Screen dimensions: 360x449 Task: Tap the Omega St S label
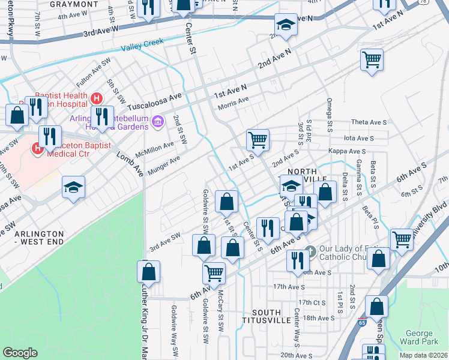coord(330,115)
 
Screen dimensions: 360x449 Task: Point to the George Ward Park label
coord(427,338)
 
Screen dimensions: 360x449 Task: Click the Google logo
coord(20,352)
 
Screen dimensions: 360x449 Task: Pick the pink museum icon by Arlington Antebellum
coord(158,123)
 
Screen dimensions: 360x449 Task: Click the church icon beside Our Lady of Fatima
coord(310,250)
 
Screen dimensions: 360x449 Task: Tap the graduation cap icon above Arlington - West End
coord(73,188)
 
